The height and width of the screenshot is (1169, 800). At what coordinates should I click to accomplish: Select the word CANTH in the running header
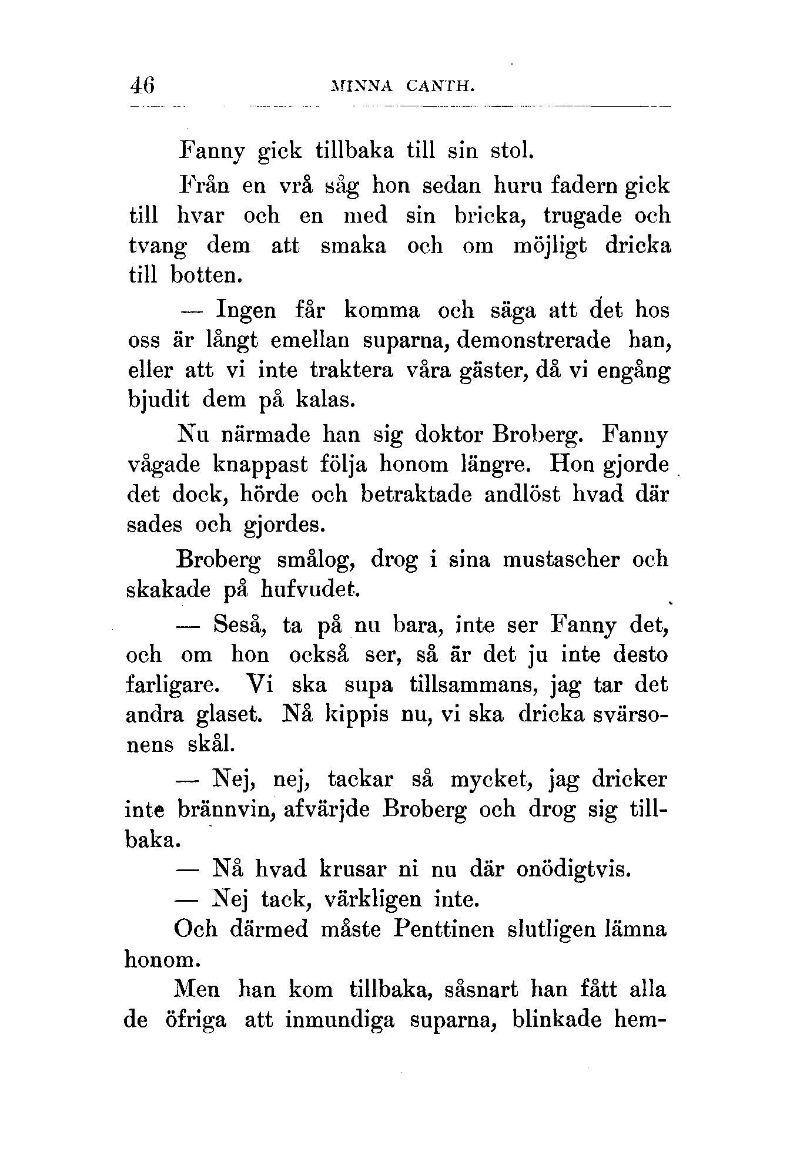439,86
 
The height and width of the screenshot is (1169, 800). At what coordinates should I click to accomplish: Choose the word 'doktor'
448,436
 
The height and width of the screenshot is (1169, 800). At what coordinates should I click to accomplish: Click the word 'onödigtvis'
574,869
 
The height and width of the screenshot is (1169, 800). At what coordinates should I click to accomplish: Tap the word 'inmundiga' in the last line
340,1020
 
